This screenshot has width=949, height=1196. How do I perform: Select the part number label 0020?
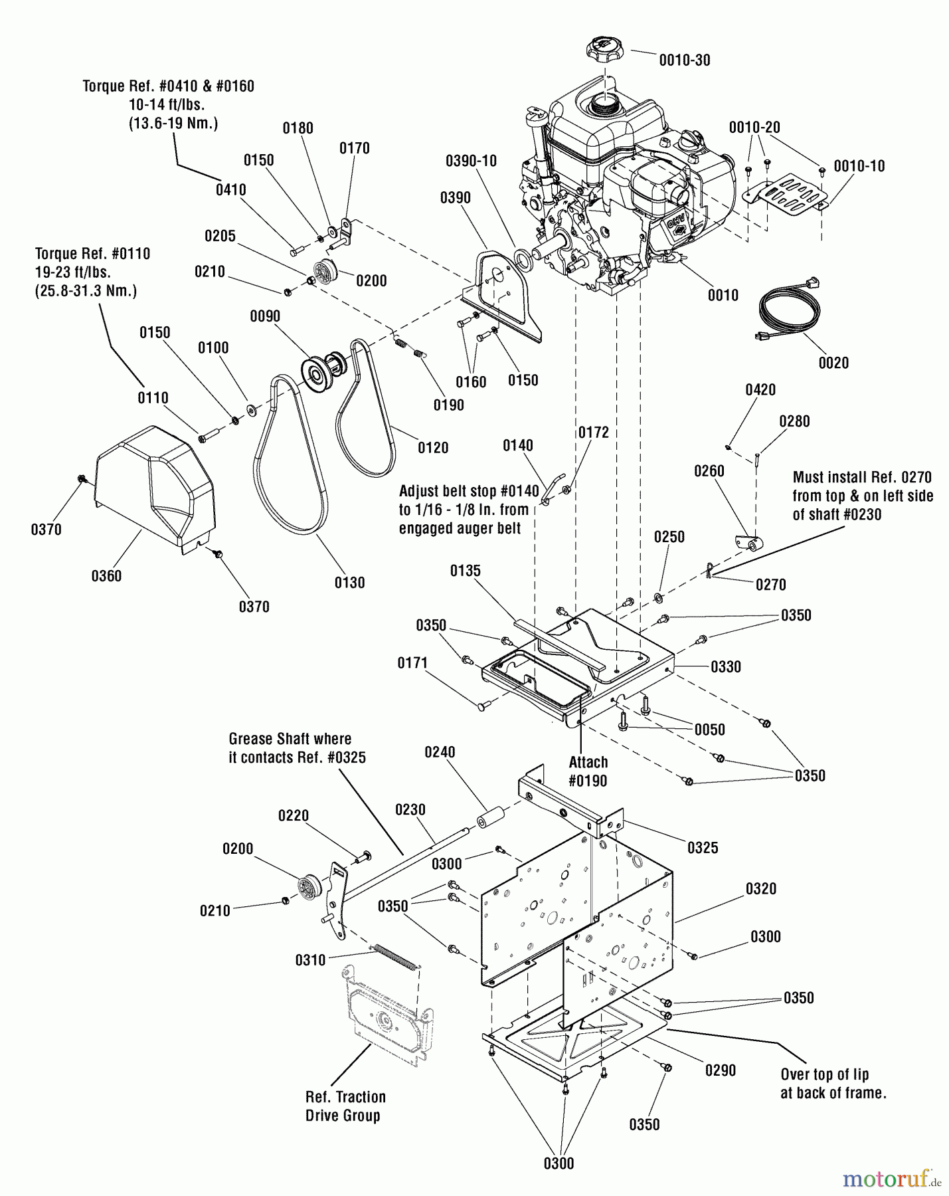click(x=833, y=363)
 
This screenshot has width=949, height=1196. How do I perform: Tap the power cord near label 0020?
click(x=787, y=313)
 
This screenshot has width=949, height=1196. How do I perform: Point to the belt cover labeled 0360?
click(x=155, y=488)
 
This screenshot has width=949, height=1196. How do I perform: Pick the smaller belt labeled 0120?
click(x=367, y=412)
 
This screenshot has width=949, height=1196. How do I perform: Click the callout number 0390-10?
click(x=471, y=161)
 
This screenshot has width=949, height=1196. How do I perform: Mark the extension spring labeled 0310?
click(x=394, y=957)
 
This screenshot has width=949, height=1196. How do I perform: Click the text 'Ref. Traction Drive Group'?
click(x=345, y=1106)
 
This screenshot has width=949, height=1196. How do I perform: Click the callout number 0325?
click(x=703, y=848)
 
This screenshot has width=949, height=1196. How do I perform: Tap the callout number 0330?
click(x=726, y=666)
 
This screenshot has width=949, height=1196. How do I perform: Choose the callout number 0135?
click(x=465, y=571)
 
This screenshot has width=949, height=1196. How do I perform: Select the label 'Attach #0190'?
click(x=588, y=771)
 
